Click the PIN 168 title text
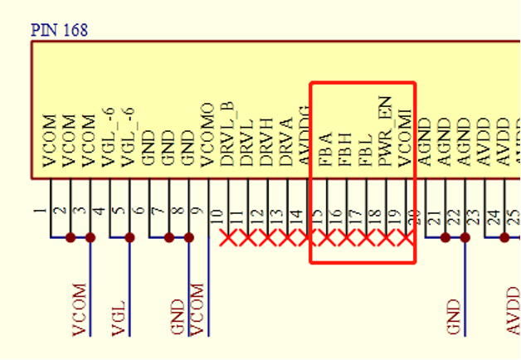[59, 31]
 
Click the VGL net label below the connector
[118, 320]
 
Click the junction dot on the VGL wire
[130, 238]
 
